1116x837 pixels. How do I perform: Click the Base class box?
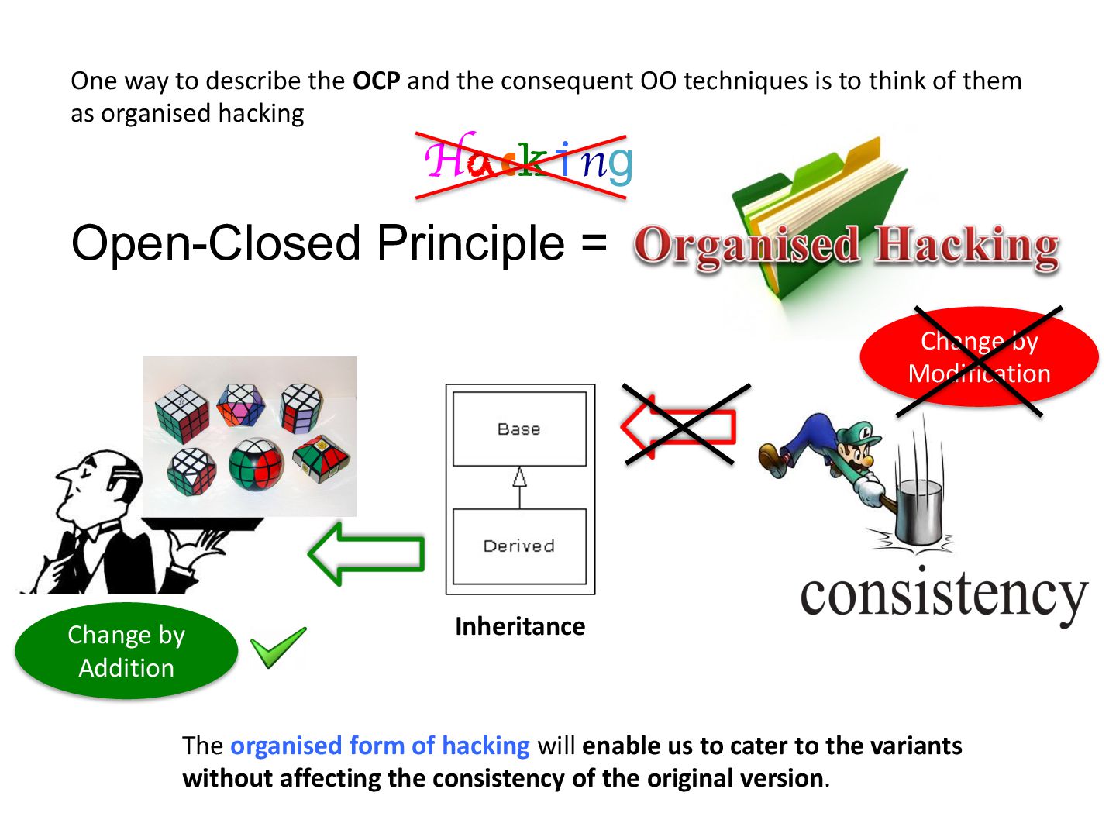tap(519, 429)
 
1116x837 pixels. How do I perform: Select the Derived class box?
tap(519, 546)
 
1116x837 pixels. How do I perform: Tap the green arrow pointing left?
tap(367, 553)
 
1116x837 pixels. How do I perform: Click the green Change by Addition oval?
tap(126, 651)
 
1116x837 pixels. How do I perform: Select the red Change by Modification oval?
tap(979, 357)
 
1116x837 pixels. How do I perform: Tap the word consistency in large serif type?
tap(943, 594)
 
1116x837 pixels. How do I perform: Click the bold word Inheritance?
tap(520, 626)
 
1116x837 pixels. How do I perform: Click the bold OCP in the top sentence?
tap(377, 81)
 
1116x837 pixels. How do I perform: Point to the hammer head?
tap(918, 512)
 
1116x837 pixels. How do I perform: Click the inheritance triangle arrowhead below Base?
tap(519, 477)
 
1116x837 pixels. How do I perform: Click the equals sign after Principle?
tap(594, 243)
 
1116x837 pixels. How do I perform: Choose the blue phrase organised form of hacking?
tap(380, 746)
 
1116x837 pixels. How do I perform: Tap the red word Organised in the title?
tap(747, 246)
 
